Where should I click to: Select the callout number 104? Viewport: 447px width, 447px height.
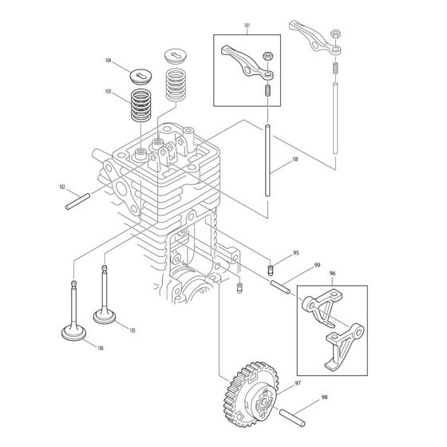coord(108,60)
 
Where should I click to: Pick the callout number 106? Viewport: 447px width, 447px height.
coord(100,347)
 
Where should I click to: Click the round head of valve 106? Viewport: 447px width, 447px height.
coord(65,329)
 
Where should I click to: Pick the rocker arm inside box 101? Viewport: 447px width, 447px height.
coord(245,64)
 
